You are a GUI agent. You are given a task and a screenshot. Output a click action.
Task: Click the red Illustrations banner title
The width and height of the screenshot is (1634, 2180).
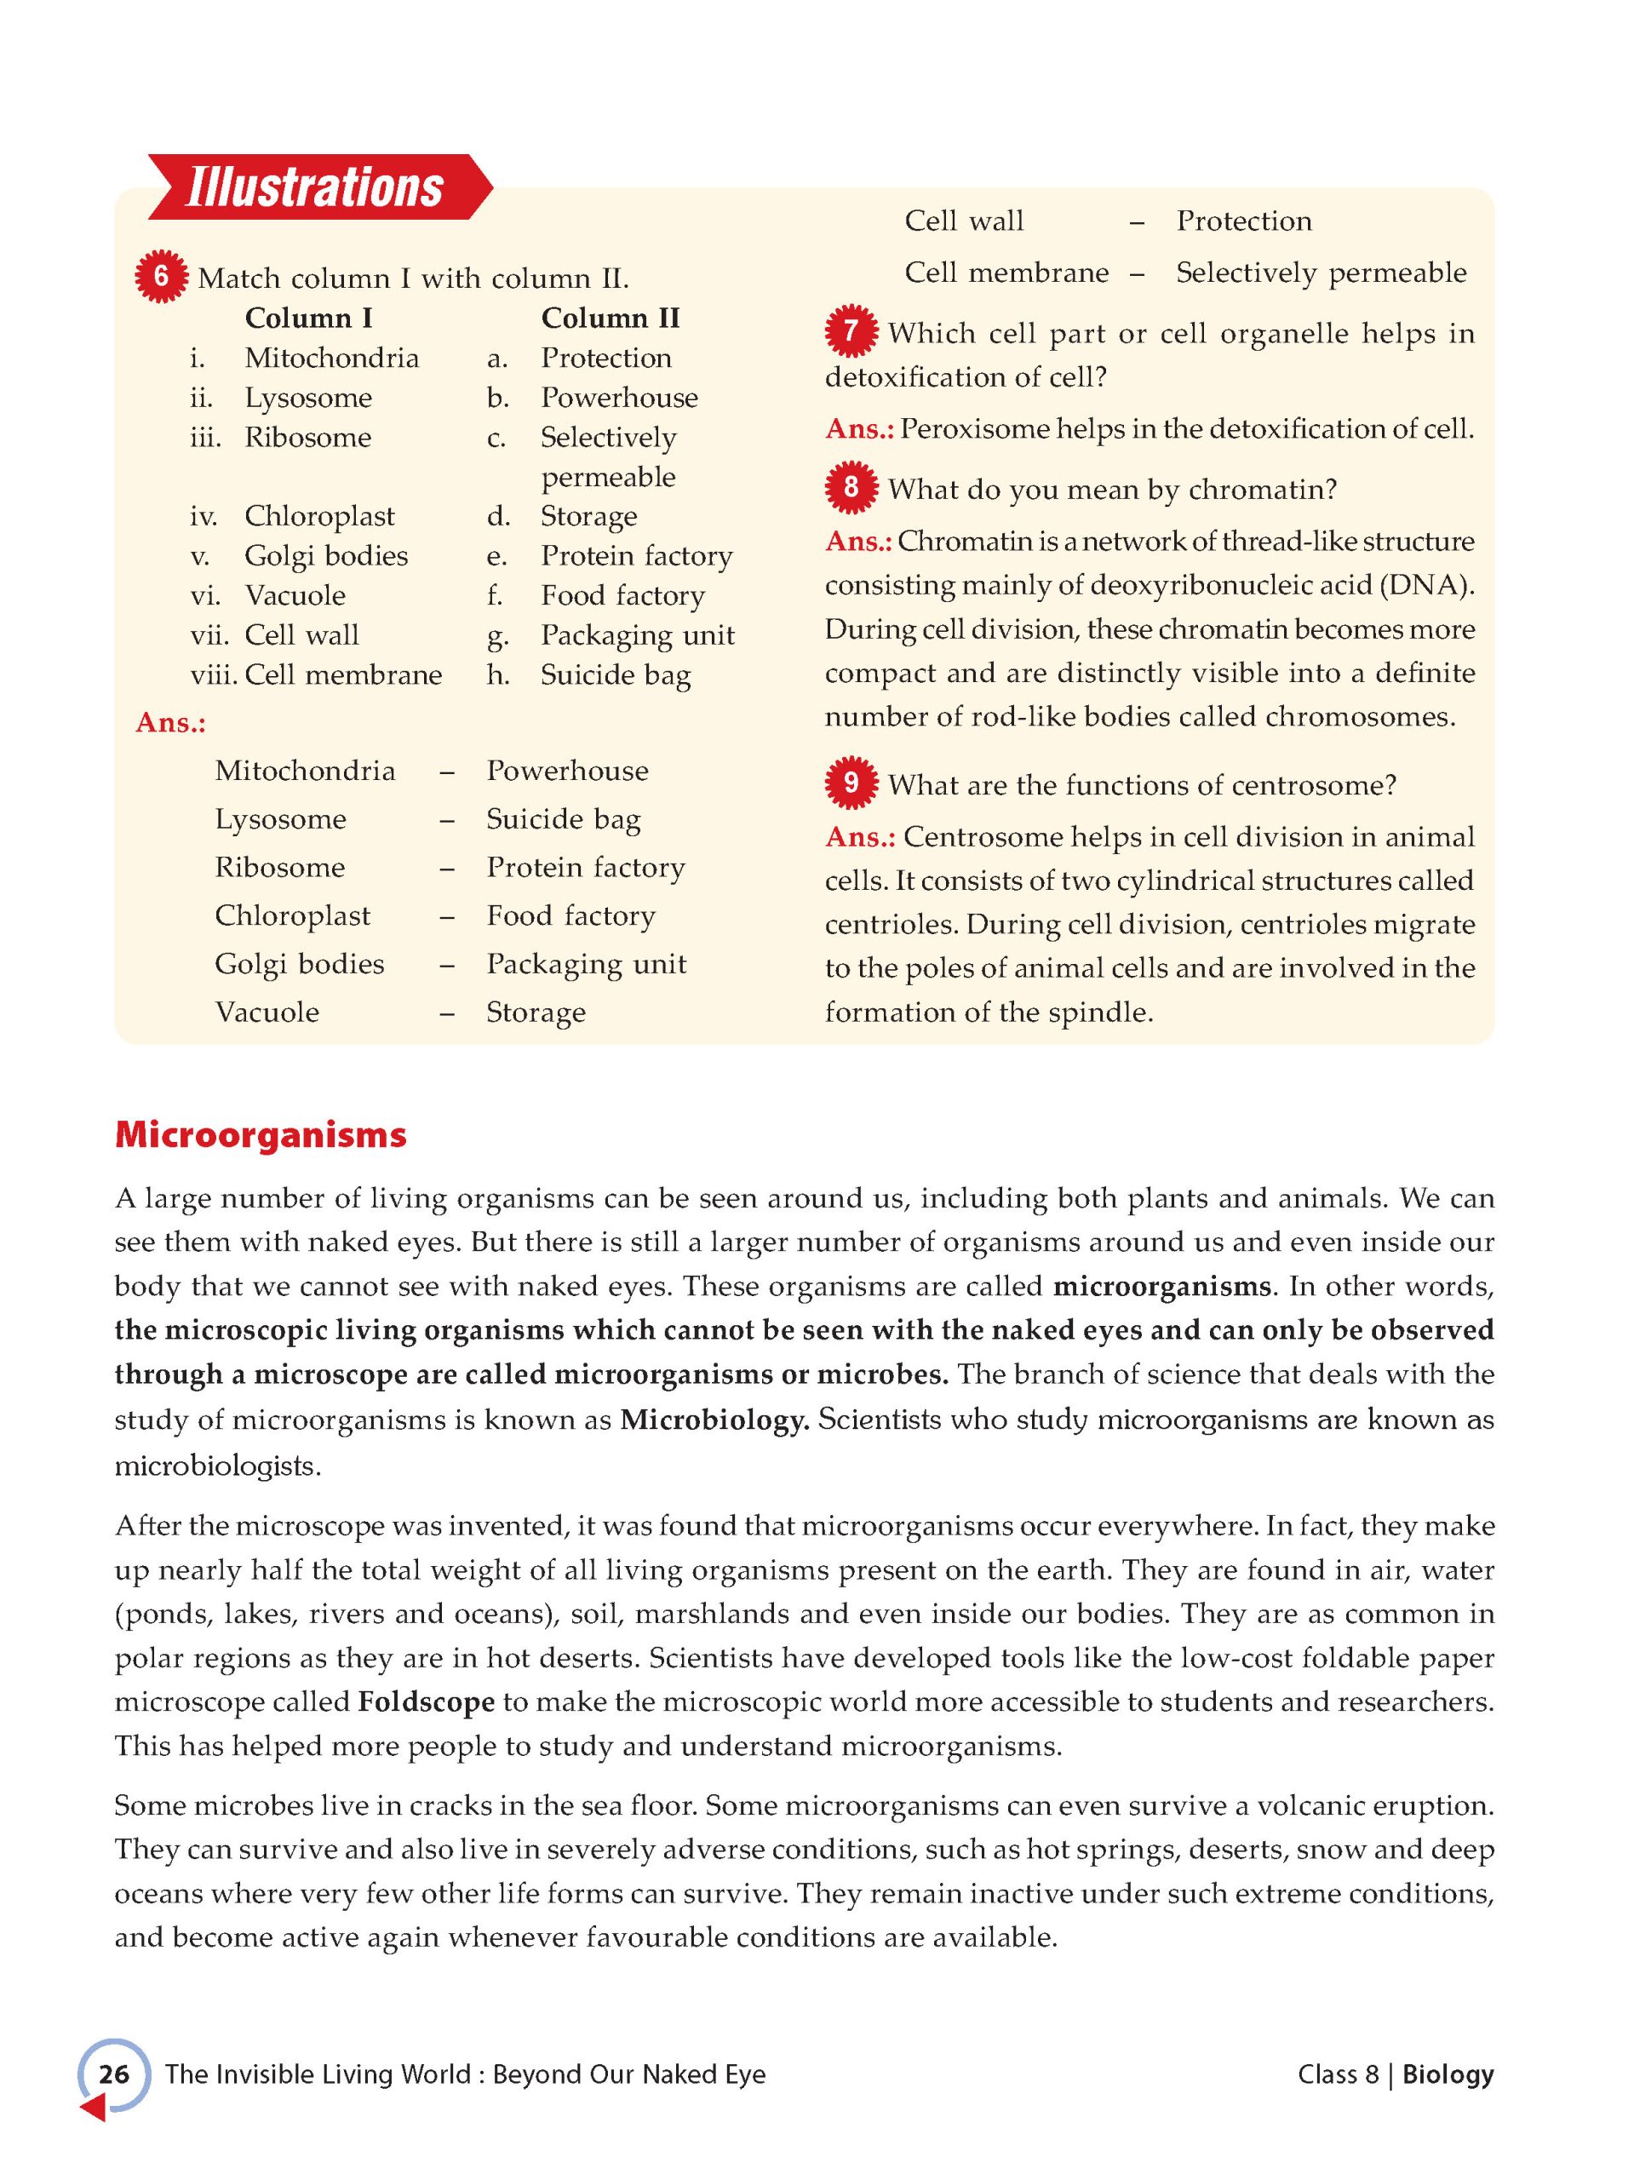click(314, 187)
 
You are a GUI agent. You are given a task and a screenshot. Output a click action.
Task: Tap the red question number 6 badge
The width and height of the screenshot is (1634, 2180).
click(161, 277)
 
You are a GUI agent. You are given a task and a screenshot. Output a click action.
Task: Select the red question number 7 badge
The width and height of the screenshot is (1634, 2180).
click(851, 332)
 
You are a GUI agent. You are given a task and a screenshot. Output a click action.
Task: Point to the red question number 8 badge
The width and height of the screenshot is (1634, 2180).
click(851, 488)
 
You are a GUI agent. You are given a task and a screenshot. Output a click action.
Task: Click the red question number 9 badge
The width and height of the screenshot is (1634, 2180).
click(851, 783)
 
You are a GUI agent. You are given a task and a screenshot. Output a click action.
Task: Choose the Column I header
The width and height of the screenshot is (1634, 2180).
click(308, 318)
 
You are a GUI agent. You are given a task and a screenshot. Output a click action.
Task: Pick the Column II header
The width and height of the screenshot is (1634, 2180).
click(610, 318)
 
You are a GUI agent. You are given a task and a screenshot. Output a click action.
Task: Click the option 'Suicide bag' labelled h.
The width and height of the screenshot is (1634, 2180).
click(615, 675)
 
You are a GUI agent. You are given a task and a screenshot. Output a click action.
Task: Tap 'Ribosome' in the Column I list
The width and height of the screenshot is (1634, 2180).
click(307, 438)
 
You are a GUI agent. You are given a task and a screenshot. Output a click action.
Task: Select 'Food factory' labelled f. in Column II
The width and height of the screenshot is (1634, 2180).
click(622, 595)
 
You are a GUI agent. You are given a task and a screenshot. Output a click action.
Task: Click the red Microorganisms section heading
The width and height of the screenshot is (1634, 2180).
click(261, 1134)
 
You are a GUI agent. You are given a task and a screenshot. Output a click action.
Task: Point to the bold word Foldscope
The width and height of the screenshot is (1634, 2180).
click(426, 1702)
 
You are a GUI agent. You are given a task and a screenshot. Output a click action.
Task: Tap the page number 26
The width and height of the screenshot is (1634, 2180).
click(114, 2074)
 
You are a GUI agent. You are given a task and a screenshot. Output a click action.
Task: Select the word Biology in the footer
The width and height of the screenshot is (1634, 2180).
click(1448, 2074)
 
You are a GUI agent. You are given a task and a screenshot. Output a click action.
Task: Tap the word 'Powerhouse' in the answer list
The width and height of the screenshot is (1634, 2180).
click(568, 771)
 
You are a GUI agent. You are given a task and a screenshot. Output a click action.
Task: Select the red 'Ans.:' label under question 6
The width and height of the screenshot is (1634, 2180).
click(170, 722)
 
